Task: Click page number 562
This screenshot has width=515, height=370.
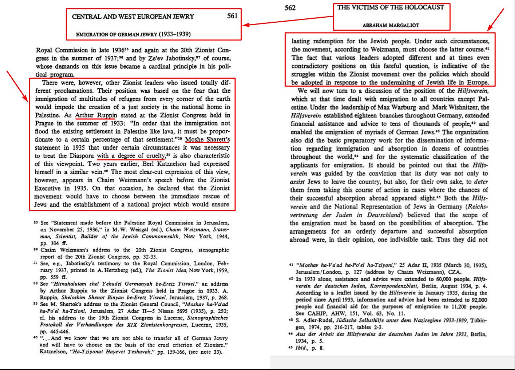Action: pos(290,8)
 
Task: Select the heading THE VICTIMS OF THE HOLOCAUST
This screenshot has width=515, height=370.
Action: pos(391,7)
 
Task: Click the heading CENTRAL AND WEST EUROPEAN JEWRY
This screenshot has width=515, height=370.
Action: pos(133,16)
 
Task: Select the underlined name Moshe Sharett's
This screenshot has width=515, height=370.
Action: pos(210,139)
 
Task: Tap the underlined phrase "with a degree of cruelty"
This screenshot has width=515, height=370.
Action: pos(131,155)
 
